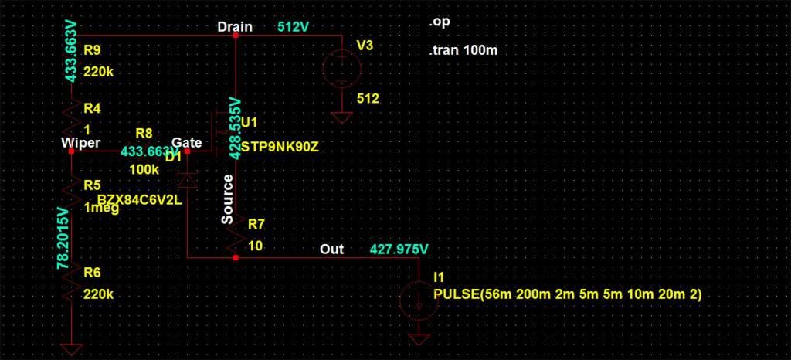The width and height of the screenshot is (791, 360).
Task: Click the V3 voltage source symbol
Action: click(x=339, y=67)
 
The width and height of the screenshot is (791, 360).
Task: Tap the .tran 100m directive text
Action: click(x=462, y=51)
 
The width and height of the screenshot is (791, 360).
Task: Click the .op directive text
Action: click(x=440, y=22)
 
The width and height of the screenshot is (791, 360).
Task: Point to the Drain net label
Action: click(x=234, y=27)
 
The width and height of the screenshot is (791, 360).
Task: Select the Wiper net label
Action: click(x=80, y=143)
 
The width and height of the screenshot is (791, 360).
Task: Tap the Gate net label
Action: click(x=187, y=143)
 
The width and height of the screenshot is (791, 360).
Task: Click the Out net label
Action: click(x=332, y=250)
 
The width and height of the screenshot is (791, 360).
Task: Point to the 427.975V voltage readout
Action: click(x=399, y=250)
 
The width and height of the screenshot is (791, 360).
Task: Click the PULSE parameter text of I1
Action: click(x=567, y=295)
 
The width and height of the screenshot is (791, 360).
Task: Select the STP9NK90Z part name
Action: click(x=279, y=146)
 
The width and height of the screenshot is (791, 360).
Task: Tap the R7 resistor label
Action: click(x=256, y=225)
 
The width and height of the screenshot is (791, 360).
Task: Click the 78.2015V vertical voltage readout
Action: click(x=63, y=238)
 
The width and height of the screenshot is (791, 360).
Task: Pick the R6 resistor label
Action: click(x=92, y=272)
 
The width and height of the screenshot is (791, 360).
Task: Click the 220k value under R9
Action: click(x=99, y=72)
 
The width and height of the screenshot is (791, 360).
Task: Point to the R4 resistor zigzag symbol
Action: click(x=70, y=120)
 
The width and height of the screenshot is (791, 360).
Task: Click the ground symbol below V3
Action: click(x=339, y=119)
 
